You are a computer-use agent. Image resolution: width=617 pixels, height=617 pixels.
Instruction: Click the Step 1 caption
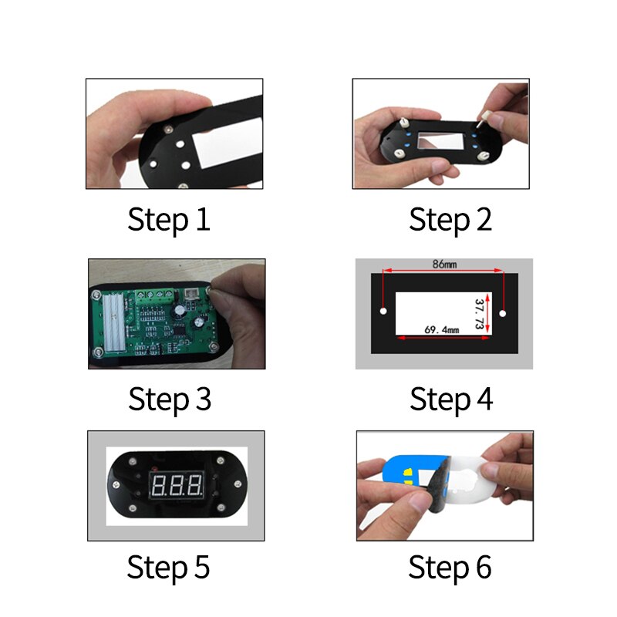(169, 220)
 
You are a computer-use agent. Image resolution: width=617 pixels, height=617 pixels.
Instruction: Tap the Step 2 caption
(450, 220)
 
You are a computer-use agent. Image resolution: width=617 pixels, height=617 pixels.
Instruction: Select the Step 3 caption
(170, 400)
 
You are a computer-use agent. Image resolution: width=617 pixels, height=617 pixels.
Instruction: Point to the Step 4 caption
(451, 400)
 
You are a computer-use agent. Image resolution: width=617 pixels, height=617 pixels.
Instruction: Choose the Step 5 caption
(168, 567)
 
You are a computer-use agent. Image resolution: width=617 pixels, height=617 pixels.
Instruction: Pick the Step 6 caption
(450, 567)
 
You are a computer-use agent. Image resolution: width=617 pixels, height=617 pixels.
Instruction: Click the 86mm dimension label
(445, 264)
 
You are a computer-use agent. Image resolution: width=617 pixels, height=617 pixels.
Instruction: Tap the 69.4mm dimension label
(441, 330)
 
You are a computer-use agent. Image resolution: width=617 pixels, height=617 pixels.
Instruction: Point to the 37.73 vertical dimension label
(479, 314)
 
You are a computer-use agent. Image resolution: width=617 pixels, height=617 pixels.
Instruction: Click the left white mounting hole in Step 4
(383, 312)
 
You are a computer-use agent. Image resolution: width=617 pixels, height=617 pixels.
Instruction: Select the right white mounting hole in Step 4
(503, 314)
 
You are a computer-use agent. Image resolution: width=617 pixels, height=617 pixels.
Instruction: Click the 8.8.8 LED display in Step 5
(177, 485)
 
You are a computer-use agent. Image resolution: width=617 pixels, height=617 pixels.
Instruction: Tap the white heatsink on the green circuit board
(113, 322)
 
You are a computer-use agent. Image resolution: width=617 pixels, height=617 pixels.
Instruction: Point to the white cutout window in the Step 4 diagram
(443, 314)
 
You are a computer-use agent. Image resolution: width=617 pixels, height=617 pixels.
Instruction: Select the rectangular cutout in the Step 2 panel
(441, 141)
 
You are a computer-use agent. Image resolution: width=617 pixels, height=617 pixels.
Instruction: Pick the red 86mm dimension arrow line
(443, 271)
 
